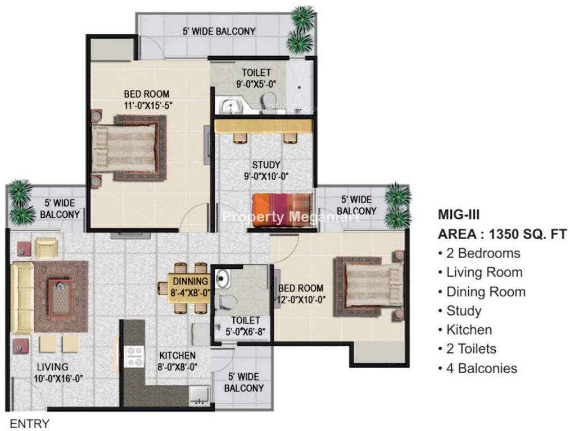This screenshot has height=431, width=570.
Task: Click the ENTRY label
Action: (x=29, y=423)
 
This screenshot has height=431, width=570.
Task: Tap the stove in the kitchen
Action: (x=134, y=356)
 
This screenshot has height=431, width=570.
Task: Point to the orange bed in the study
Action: (x=282, y=210)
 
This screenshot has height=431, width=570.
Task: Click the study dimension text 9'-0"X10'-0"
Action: (x=266, y=177)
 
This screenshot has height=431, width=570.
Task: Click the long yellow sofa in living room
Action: (x=22, y=297)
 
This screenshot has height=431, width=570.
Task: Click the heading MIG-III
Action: (x=459, y=214)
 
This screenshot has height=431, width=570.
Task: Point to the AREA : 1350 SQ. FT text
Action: (x=502, y=235)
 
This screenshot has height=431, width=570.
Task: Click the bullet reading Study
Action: (x=460, y=311)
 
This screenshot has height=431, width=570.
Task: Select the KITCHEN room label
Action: (x=178, y=356)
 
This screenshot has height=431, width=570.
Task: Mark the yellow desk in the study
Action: (x=264, y=126)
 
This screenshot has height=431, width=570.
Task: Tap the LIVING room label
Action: (x=52, y=367)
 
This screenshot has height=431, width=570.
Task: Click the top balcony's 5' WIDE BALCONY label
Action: (x=219, y=31)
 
